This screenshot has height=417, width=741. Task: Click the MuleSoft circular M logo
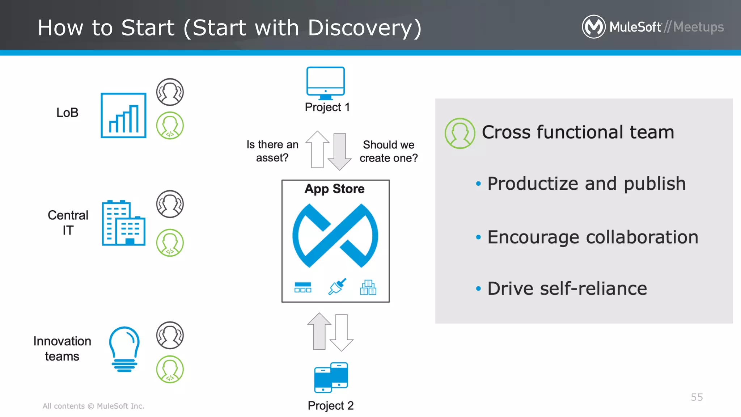[x=593, y=27]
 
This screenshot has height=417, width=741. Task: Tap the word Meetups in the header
[x=698, y=27]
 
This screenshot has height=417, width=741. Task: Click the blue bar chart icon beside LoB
[x=123, y=115]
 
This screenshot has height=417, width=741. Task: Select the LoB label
[x=67, y=113]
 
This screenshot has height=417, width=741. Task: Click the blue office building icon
[x=123, y=223]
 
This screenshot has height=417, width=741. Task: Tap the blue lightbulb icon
[x=124, y=349]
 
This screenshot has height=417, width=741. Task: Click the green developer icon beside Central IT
[x=170, y=243]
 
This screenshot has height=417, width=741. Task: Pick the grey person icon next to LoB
[x=170, y=92]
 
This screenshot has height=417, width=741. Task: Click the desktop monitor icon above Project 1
[x=325, y=83]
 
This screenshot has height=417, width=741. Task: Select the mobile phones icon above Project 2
[x=331, y=377]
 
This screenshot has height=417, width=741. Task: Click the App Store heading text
[x=334, y=189]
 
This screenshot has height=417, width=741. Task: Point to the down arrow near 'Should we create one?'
[x=339, y=152]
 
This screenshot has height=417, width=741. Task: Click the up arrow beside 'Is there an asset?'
[x=317, y=149]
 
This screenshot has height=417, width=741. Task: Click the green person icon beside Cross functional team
[x=460, y=133]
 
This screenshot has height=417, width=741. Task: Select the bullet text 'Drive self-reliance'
[x=567, y=288]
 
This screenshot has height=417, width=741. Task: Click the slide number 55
[x=696, y=397]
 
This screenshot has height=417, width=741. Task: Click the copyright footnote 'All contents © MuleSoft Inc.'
[x=93, y=406]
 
